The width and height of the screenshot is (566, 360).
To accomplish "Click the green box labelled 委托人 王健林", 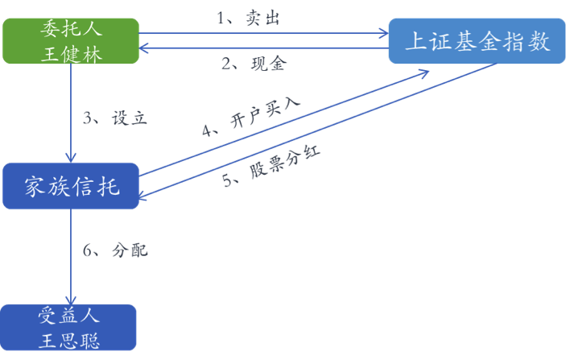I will (x=70, y=42).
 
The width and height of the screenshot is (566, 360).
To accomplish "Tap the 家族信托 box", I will (x=70, y=186).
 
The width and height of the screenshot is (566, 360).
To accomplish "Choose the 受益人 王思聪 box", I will (x=70, y=328).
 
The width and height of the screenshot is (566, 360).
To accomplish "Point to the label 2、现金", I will (x=252, y=64).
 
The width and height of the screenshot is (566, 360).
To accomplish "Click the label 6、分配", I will (x=115, y=250).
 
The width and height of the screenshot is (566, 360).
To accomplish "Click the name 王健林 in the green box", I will (x=70, y=54).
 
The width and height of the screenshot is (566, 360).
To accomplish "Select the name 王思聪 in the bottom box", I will (x=70, y=340).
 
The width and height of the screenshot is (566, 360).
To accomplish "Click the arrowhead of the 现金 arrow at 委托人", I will (x=146, y=48).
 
